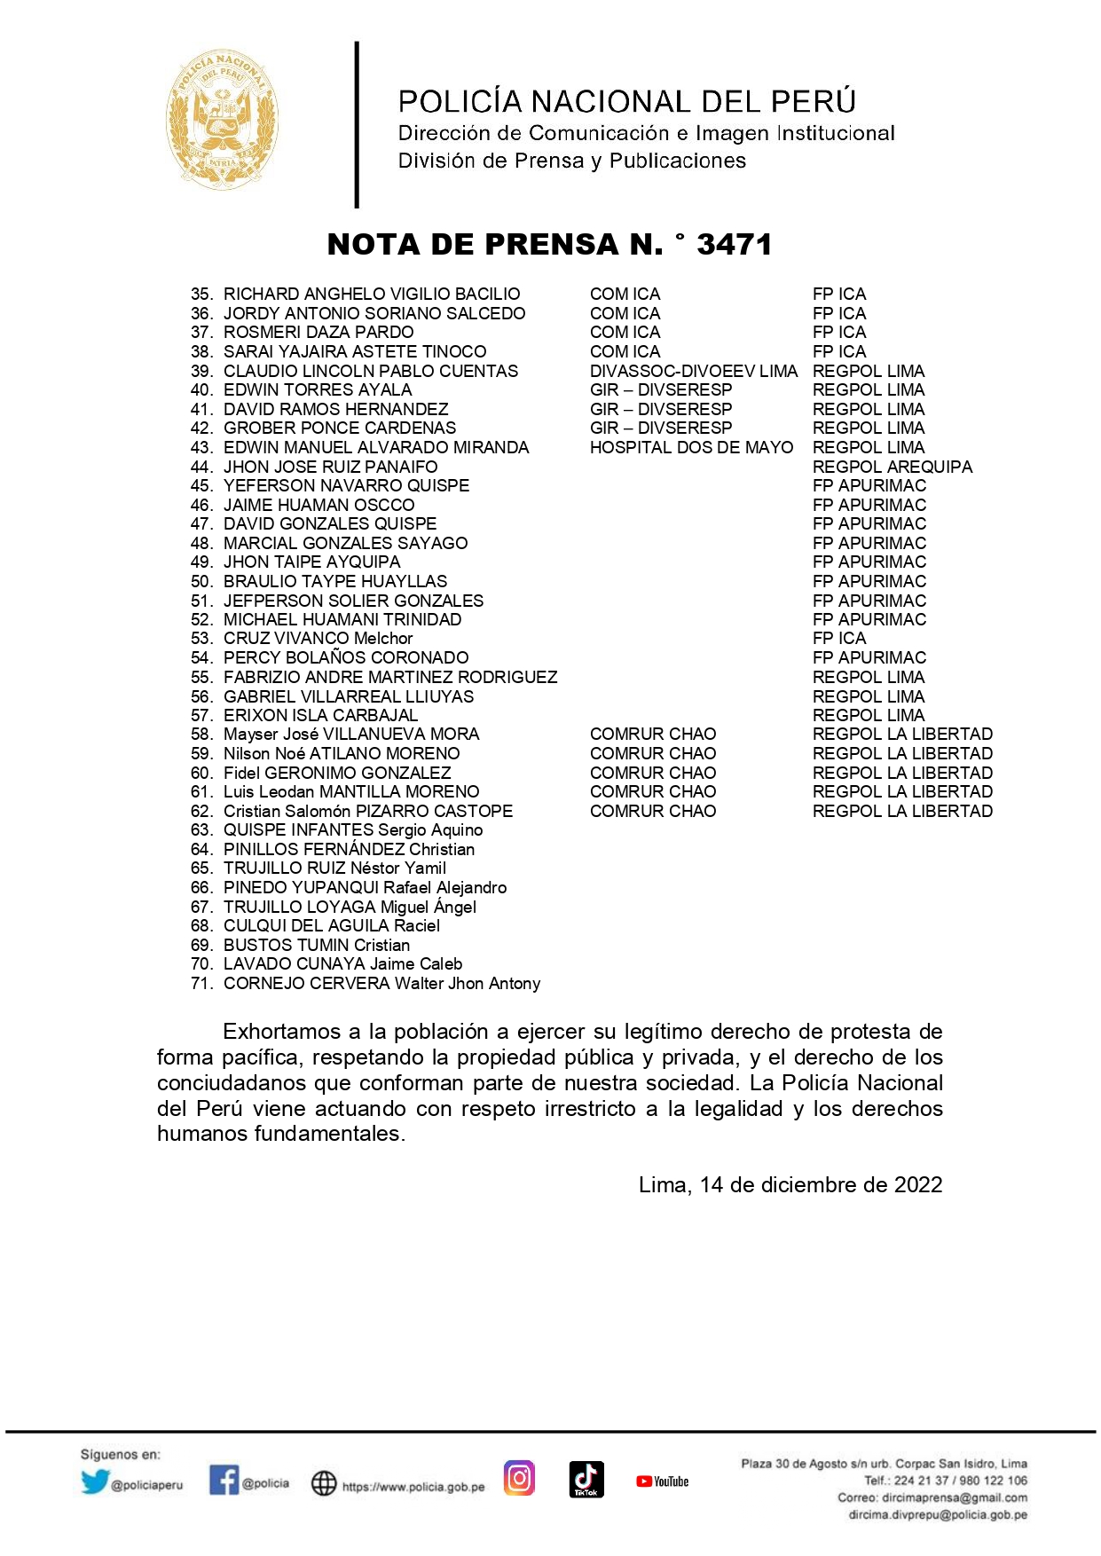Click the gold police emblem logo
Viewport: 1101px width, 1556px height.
(223, 119)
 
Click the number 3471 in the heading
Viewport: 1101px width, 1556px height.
(734, 245)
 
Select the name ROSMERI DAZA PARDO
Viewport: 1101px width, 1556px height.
(318, 333)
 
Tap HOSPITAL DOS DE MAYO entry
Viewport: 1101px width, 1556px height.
(691, 448)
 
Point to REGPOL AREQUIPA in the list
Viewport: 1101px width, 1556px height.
(892, 467)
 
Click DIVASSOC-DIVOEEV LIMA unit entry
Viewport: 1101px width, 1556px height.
(693, 372)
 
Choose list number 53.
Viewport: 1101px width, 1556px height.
(201, 639)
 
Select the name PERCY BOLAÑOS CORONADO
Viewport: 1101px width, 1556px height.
(345, 658)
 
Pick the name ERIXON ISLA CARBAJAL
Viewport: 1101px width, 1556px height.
(320, 715)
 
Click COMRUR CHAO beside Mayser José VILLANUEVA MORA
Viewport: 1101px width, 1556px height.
(652, 735)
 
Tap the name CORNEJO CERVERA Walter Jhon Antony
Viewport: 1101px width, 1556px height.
(381, 984)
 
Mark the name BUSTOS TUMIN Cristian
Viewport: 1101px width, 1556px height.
(316, 946)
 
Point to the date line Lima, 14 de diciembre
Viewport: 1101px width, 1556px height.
(790, 1185)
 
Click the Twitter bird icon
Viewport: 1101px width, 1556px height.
(94, 1481)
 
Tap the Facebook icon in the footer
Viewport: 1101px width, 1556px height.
(224, 1479)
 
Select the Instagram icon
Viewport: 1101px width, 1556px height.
(519, 1478)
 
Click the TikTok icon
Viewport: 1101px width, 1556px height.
(586, 1479)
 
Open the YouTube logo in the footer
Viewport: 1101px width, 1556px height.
(662, 1481)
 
